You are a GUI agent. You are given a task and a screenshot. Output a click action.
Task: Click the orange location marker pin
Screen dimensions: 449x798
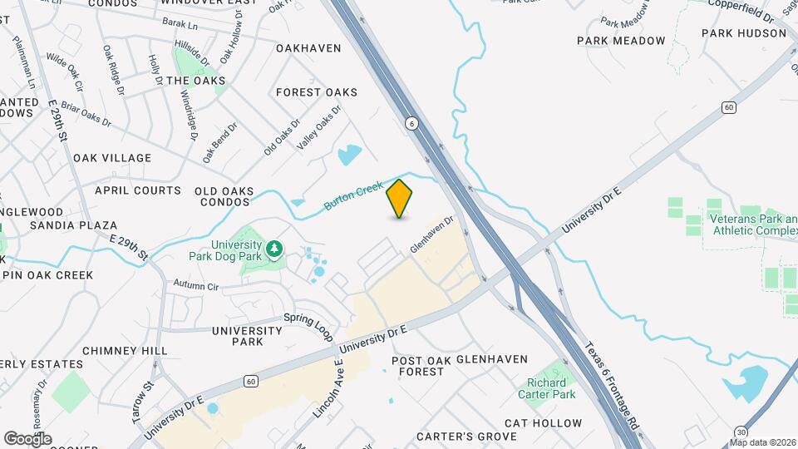(x=400, y=199)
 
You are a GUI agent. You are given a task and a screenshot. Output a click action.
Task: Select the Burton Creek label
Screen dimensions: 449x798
(x=354, y=195)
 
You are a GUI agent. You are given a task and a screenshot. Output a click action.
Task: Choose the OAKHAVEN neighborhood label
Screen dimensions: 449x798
(x=308, y=48)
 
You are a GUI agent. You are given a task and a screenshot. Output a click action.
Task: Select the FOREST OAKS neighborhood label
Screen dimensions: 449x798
(x=317, y=92)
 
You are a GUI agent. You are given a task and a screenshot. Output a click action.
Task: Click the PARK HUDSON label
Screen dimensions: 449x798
(x=743, y=33)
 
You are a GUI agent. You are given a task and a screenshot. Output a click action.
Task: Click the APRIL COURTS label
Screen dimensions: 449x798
(x=138, y=190)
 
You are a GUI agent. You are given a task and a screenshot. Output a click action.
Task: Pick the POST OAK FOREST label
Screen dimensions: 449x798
(x=421, y=366)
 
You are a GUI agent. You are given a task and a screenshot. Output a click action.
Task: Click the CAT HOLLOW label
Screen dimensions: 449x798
(x=544, y=423)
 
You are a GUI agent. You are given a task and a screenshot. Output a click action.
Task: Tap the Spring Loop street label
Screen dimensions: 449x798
(x=308, y=325)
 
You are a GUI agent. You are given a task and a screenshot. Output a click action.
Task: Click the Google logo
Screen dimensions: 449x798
(x=27, y=439)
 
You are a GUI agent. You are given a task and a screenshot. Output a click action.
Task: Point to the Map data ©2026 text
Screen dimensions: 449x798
(x=762, y=442)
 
